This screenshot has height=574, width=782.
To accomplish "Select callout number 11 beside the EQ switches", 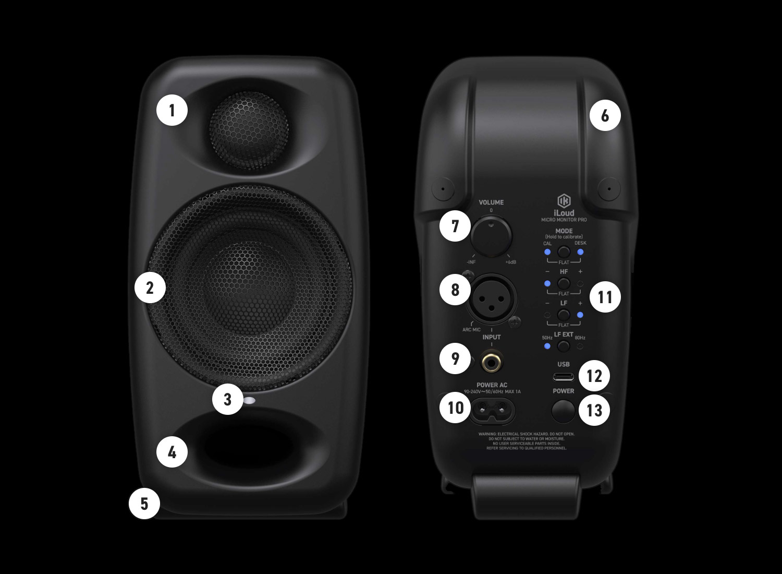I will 605,297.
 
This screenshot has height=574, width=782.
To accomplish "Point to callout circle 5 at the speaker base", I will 144,504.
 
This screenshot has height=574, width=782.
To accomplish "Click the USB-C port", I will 564,377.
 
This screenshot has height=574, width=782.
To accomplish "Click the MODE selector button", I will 564,253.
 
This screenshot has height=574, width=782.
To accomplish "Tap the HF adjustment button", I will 564,284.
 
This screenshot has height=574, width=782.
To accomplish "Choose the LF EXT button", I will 564,346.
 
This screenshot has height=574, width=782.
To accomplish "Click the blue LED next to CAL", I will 547,253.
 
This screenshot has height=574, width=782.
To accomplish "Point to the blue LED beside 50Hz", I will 547,346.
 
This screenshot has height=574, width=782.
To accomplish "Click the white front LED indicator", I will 249,401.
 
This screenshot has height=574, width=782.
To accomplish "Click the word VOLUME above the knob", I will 491,202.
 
